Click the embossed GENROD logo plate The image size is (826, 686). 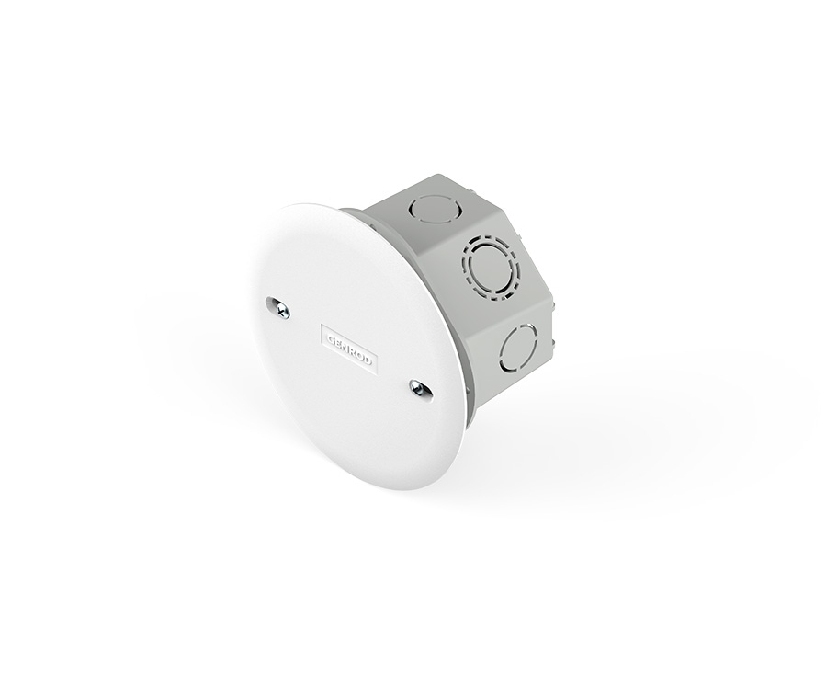click(x=349, y=349)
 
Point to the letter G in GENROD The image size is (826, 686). click(x=330, y=337)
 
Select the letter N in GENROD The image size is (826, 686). click(x=345, y=348)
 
